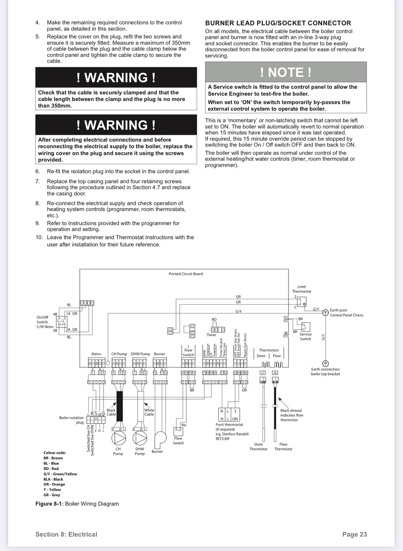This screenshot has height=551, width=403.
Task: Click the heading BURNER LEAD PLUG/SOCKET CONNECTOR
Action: (x=278, y=23)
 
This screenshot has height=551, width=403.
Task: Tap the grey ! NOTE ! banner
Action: (x=286, y=72)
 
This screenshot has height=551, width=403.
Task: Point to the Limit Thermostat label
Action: (x=302, y=289)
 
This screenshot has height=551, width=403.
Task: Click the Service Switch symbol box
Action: (x=305, y=327)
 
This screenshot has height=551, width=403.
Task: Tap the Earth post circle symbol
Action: (x=325, y=312)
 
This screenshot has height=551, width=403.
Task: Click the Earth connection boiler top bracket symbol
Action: (x=325, y=363)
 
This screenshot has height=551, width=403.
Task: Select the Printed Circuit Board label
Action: (x=186, y=274)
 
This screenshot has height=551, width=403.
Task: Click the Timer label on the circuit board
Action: (x=211, y=335)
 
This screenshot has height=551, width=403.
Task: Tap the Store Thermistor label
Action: (x=258, y=447)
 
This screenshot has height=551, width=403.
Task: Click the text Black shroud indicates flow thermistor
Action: (x=291, y=415)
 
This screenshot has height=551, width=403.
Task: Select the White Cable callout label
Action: (x=149, y=412)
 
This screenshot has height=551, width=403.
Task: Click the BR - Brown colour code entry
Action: (x=53, y=458)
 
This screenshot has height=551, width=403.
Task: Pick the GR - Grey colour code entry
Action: (x=52, y=495)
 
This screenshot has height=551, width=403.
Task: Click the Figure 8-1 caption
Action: (x=77, y=504)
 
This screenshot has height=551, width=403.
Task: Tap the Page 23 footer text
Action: (x=355, y=534)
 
